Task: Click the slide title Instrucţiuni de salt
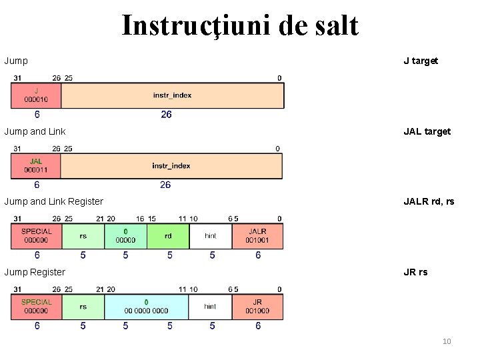pos(240,27)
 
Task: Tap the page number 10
pos(447,341)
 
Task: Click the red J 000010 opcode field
pos(35,95)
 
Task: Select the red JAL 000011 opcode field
pos(36,165)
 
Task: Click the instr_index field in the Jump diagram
pos(171,95)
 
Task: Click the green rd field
pos(168,235)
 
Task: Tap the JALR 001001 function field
pos(257,235)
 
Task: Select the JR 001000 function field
pos(257,306)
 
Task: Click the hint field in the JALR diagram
pos(211,235)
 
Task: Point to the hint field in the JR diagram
pos(210,306)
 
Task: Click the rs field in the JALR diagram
pos(83,235)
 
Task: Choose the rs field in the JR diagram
pos(83,306)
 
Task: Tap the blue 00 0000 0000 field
pos(146,306)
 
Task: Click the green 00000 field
pos(125,235)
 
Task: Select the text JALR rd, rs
pos(429,201)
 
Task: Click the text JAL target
pos(427,131)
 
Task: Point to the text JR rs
pos(415,272)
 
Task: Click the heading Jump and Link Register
pos(54,201)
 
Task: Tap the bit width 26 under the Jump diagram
pos(166,115)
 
